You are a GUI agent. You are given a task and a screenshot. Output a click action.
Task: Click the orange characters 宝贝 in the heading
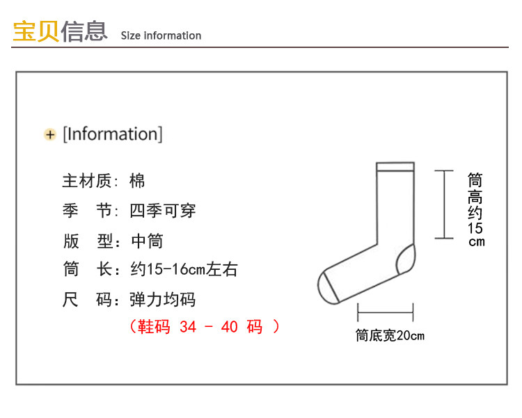(35, 32)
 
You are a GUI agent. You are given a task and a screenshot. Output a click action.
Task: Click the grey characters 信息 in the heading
(84, 32)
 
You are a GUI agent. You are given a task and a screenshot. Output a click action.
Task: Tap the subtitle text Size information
(161, 35)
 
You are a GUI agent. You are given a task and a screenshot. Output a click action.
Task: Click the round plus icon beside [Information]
(50, 134)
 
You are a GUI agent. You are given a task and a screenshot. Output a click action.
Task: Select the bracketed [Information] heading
(113, 134)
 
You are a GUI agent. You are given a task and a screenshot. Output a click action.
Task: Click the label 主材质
(86, 181)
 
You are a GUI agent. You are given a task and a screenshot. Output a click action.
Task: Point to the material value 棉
(137, 181)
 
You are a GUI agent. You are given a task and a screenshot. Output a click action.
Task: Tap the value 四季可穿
(163, 210)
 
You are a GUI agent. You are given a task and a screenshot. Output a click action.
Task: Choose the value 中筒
(147, 241)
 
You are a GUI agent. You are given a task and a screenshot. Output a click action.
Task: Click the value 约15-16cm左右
(184, 270)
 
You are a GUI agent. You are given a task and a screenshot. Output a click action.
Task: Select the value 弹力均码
(163, 300)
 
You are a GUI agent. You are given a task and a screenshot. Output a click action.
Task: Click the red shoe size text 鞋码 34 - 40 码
(205, 326)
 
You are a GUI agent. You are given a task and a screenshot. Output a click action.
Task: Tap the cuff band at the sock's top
(395, 168)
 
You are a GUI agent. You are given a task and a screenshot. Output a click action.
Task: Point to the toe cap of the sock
(327, 287)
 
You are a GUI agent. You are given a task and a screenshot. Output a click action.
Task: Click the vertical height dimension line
(444, 204)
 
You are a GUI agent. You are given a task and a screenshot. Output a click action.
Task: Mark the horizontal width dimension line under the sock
(385, 312)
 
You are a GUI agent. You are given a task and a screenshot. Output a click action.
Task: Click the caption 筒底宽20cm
(390, 336)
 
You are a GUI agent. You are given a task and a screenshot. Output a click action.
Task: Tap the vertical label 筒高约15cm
(475, 209)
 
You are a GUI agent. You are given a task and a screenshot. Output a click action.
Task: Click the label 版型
(86, 241)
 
